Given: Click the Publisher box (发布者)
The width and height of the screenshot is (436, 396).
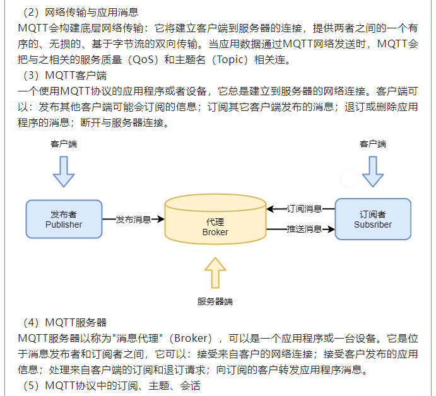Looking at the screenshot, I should [x=64, y=219].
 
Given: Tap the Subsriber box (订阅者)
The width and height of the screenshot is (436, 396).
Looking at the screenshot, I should [x=373, y=219].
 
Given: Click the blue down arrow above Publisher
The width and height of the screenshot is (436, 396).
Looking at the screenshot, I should [x=64, y=171].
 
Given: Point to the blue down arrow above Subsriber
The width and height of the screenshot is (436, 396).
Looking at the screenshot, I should [x=373, y=171].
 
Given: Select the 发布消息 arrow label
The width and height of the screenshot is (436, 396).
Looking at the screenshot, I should [x=133, y=219].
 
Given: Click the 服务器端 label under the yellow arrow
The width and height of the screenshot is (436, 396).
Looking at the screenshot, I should [x=215, y=301].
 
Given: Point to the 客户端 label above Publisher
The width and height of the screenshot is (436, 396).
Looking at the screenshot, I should [x=64, y=144].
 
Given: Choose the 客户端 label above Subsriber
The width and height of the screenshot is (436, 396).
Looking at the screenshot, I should [x=373, y=144].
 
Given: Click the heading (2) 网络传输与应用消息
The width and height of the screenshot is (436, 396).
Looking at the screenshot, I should [x=80, y=11].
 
